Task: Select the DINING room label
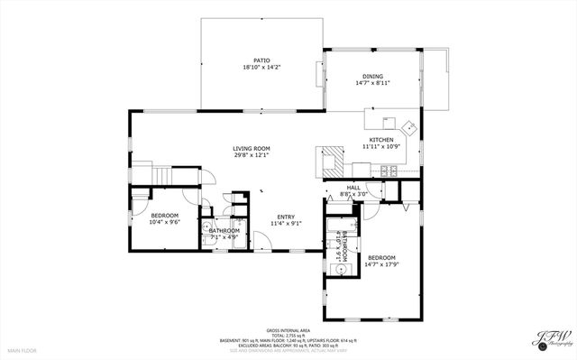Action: pos(372,76)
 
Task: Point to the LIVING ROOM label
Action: pos(252,148)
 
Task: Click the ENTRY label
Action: pos(286,217)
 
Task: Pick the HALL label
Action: pos(353,187)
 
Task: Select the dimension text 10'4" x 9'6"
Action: pos(164,221)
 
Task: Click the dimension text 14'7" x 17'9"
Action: pos(380,263)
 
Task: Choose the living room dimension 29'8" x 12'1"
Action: pos(252,154)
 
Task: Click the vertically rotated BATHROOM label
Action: pos(344,244)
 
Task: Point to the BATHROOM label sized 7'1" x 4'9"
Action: pos(224,231)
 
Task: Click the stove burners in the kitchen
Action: pos(389,171)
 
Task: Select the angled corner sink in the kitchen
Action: pos(408,125)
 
